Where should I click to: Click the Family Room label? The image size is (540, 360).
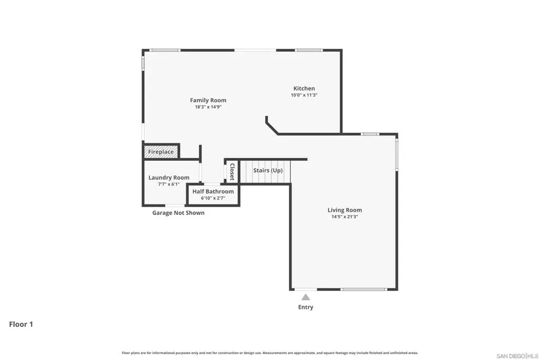208,100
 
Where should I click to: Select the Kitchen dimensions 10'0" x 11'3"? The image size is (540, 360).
304,95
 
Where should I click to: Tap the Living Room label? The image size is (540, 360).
344,210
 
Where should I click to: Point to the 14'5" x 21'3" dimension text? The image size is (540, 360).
344,217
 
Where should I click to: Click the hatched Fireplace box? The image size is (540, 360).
161,152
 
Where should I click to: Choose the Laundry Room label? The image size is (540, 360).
169,178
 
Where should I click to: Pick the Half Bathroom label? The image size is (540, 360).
213,191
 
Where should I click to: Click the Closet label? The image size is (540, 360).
232,172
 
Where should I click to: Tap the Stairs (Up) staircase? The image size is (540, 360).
265,171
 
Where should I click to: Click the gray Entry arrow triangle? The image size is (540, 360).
305,297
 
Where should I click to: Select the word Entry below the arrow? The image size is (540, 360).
305,307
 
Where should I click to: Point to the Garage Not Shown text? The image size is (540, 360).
178,213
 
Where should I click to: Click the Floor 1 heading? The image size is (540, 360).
21,324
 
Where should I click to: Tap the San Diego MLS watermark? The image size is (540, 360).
517,356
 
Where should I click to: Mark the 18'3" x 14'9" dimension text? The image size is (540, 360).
208,106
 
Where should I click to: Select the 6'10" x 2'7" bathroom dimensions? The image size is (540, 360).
213,198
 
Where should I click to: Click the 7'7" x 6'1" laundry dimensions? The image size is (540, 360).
169,184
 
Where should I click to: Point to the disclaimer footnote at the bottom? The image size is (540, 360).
269,353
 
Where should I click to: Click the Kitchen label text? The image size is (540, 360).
304,89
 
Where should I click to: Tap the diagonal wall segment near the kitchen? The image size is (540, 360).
272,129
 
